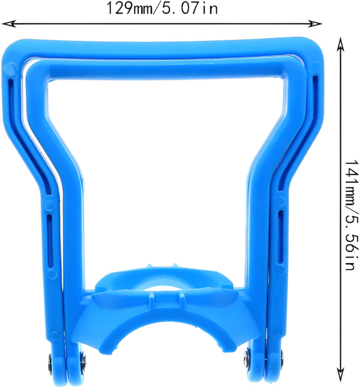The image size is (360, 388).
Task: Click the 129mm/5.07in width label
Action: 162,9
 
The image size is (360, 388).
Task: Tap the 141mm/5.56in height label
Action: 351,215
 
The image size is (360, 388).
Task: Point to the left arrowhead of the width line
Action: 9,24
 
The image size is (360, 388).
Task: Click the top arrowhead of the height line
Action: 341,45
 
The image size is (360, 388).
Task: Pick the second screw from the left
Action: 84,363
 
